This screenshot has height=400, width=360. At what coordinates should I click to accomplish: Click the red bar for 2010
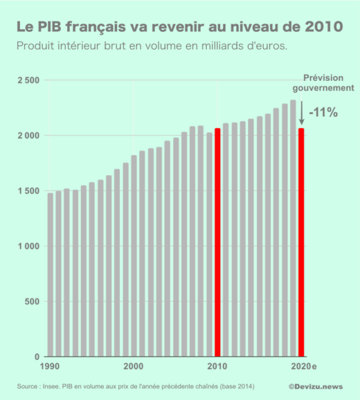[217, 242]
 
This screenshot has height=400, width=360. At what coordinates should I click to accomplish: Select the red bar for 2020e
[301, 242]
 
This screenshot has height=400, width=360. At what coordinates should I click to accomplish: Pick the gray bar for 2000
[134, 256]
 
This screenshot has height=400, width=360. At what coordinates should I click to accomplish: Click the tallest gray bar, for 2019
[293, 228]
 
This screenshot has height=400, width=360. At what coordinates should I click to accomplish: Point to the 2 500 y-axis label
[27, 80]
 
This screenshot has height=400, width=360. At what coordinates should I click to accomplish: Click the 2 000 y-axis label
[27, 136]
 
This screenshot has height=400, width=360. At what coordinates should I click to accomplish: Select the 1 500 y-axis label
[27, 191]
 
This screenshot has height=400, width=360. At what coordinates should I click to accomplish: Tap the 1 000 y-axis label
[27, 246]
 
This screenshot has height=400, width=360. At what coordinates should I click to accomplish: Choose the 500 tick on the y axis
[32, 302]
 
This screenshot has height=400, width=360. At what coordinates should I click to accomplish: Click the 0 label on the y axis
[37, 357]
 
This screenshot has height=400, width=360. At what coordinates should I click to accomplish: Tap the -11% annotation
[323, 112]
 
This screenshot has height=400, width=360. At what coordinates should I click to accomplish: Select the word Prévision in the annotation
[325, 78]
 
